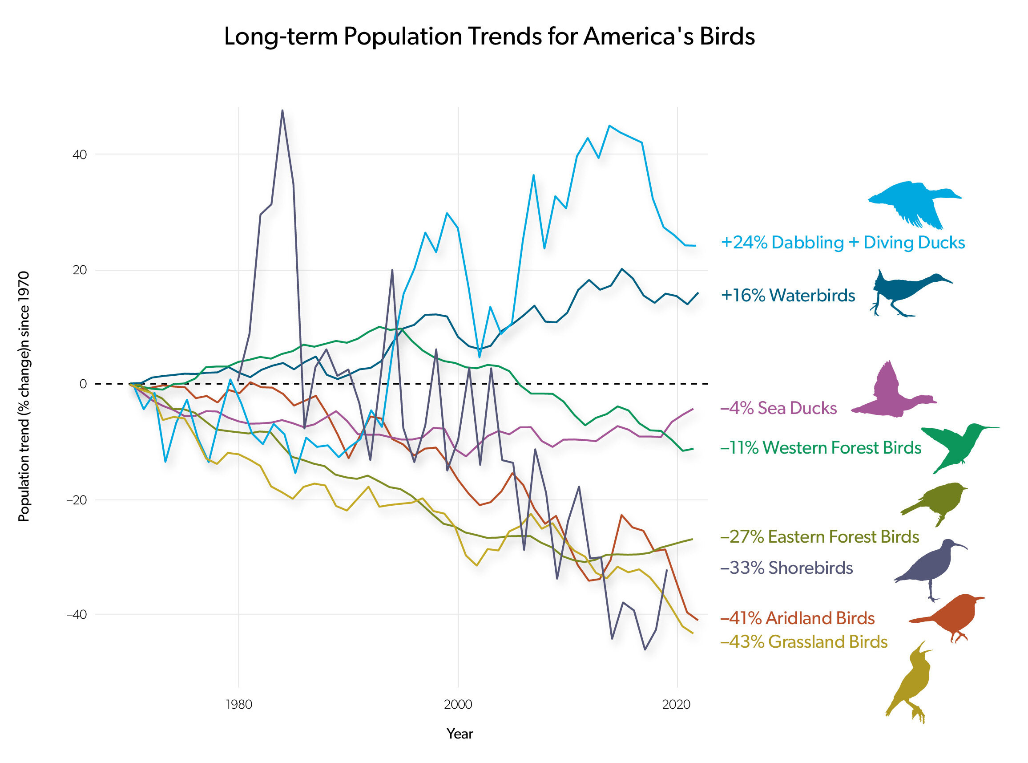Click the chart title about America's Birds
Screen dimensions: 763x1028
click(489, 37)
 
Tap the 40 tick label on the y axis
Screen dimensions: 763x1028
click(79, 155)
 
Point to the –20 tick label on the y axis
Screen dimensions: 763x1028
click(76, 500)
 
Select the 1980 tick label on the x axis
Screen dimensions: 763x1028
click(238, 704)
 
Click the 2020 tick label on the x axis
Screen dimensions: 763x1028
click(676, 704)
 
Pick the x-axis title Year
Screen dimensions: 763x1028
click(460, 734)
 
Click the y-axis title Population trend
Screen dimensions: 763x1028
click(24, 396)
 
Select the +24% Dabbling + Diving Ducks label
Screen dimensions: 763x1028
click(843, 243)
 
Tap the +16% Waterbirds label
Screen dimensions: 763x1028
click(788, 295)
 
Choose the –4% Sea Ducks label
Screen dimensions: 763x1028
click(778, 408)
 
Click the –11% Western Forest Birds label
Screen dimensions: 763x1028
click(820, 447)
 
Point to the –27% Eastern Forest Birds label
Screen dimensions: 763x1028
click(819, 537)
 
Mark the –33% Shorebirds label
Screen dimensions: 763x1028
click(786, 568)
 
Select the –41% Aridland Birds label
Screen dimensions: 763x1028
click(797, 618)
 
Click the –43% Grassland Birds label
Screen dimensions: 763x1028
click(804, 642)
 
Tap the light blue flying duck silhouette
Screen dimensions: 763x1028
click(914, 203)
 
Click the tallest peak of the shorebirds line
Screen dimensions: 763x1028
click(282, 110)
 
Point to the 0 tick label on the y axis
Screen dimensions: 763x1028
click(83, 384)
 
